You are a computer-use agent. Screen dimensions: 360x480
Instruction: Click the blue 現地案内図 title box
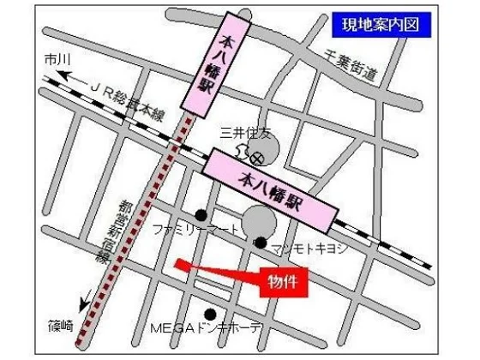point(380,24)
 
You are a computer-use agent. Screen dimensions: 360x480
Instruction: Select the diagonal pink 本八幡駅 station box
point(269,189)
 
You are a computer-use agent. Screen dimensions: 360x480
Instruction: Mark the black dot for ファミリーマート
point(201,214)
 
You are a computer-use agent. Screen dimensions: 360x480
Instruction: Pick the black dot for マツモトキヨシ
point(260,243)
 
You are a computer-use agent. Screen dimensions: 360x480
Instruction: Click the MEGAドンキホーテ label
point(208,330)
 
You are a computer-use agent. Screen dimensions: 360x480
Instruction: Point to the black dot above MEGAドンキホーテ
point(210,314)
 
